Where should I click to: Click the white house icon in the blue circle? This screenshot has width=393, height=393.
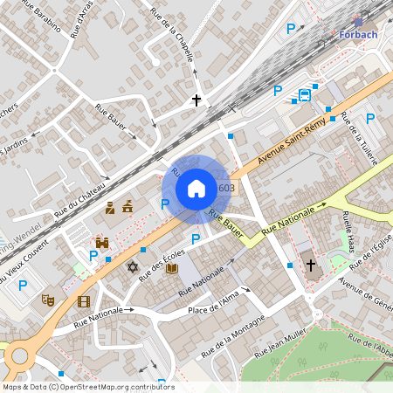[x=196, y=189]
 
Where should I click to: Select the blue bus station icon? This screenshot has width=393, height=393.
[x=304, y=95]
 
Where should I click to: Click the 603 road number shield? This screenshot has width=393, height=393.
[x=226, y=188]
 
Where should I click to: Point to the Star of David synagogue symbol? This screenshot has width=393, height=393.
[x=133, y=266]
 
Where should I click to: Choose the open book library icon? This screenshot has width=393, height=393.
[x=171, y=268]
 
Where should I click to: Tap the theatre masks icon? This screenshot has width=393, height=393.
[x=47, y=300]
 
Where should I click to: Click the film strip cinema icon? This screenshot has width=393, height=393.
[x=83, y=301]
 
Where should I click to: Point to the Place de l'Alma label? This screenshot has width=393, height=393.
[x=213, y=302]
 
